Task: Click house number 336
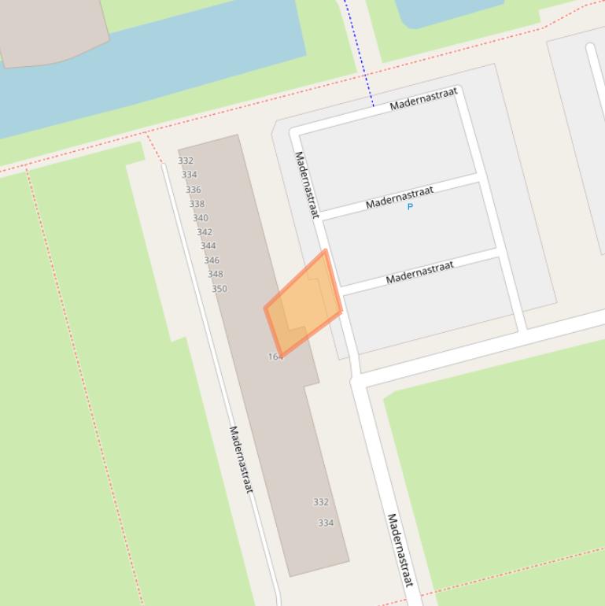[x=194, y=190]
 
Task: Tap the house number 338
[x=197, y=204]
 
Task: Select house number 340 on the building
[x=201, y=218]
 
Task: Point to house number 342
[x=205, y=232]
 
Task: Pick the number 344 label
[x=208, y=246]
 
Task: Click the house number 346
[x=212, y=261]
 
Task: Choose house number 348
[x=216, y=275]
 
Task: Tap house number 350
[x=219, y=289]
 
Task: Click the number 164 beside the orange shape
[x=275, y=357]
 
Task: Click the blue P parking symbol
[x=410, y=207]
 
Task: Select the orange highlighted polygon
[x=303, y=303]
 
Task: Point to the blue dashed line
[x=358, y=55]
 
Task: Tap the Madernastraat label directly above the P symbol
[x=400, y=198]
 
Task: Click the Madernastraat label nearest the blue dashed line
[x=424, y=99]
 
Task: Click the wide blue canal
[x=157, y=71]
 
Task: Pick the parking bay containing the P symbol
[x=409, y=224]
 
